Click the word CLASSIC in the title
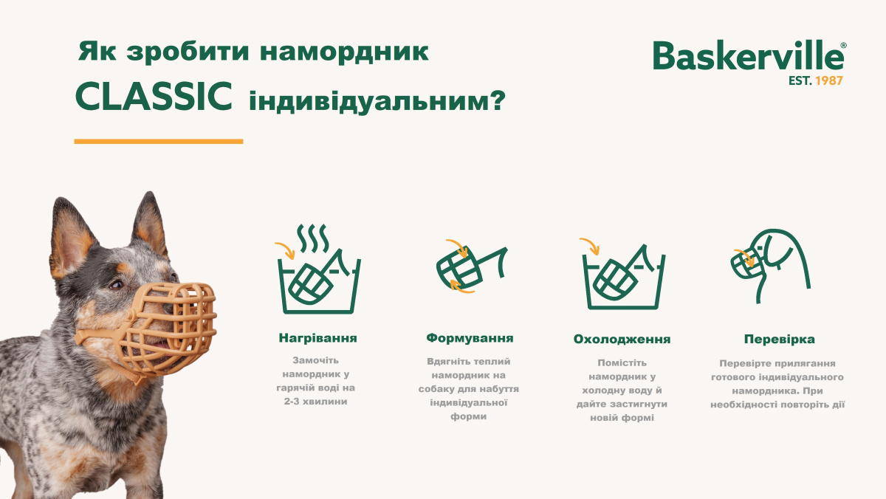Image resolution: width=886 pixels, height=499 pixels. pyautogui.click(x=154, y=98)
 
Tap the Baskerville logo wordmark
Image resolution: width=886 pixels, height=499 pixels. pyautogui.click(x=746, y=55)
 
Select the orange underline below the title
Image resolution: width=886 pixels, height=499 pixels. pyautogui.click(x=159, y=141)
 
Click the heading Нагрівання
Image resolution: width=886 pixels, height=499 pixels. pyautogui.click(x=317, y=338)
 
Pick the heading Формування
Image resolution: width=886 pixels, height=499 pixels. pyautogui.click(x=470, y=338)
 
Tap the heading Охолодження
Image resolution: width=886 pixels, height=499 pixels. pyautogui.click(x=622, y=340)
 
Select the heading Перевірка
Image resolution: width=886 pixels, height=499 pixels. pyautogui.click(x=779, y=340)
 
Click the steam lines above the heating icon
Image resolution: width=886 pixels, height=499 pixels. pyautogui.click(x=313, y=238)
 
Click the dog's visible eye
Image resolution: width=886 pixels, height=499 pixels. pyautogui.click(x=116, y=284)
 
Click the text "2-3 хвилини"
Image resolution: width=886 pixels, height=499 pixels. pyautogui.click(x=317, y=402)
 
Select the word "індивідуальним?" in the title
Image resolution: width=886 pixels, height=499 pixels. pyautogui.click(x=377, y=100)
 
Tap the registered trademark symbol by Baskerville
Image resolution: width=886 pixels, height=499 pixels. pyautogui.click(x=843, y=46)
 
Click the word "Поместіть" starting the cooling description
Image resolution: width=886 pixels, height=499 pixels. pyautogui.click(x=622, y=362)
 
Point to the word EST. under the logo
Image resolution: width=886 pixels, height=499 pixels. pyautogui.click(x=800, y=80)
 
